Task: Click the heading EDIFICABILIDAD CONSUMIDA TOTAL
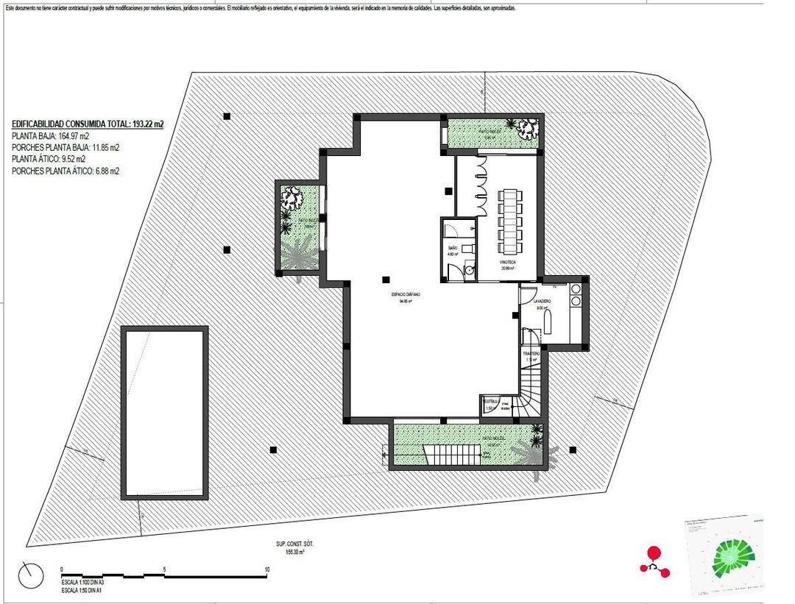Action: click(88, 124)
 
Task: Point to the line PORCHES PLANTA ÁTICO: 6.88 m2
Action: click(66, 171)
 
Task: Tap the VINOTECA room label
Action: click(507, 263)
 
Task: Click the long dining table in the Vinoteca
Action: click(509, 219)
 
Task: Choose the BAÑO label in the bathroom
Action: click(453, 249)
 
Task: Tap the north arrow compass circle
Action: click(31, 574)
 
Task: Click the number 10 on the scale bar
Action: click(266, 569)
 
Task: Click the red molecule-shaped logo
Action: click(654, 561)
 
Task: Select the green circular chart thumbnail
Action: click(729, 556)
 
